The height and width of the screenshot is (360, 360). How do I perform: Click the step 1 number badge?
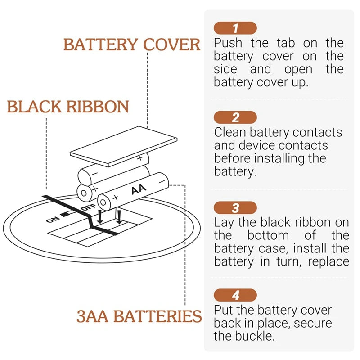click(235, 28)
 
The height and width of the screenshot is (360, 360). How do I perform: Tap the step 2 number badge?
click(235, 118)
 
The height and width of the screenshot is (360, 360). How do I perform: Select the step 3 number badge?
click(235, 208)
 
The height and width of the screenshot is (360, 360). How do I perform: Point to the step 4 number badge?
click(235, 296)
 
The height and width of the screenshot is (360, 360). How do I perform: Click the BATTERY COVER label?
click(132, 45)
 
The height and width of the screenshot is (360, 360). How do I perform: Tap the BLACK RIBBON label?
click(68, 107)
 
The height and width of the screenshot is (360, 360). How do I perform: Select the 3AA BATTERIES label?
click(139, 316)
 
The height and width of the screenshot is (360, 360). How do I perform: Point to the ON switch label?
click(52, 219)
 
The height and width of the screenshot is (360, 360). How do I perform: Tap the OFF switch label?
click(88, 208)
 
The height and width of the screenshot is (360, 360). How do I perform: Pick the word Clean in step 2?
click(230, 132)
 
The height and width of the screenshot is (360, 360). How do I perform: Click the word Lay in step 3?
click(225, 222)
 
